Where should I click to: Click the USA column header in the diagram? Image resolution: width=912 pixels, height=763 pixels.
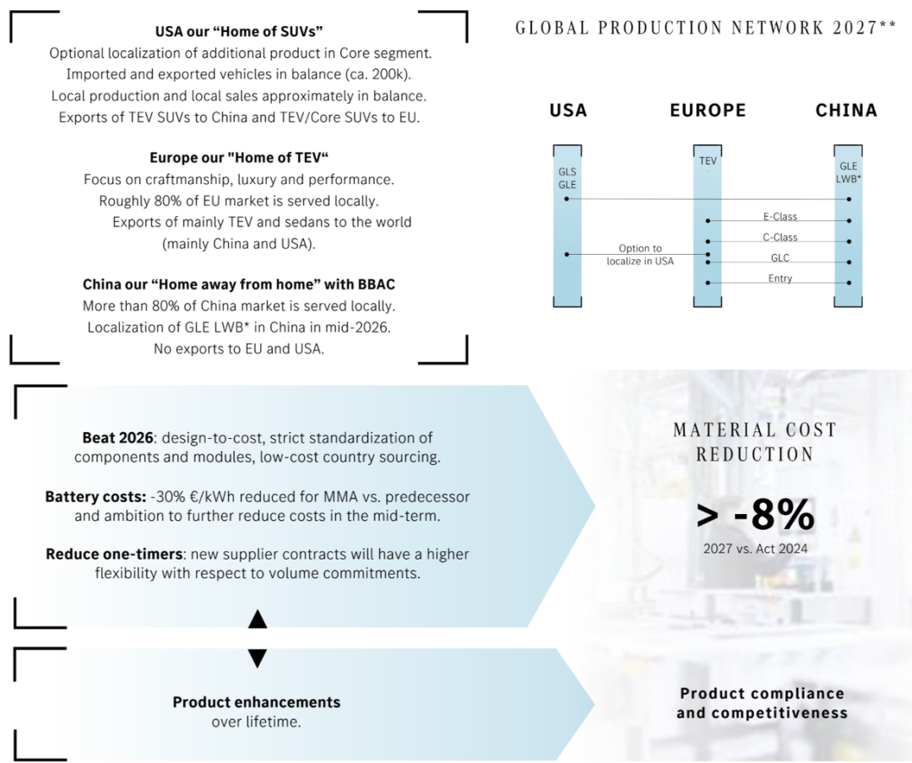[x=568, y=111]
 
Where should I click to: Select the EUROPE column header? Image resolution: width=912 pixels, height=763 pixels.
[x=708, y=111]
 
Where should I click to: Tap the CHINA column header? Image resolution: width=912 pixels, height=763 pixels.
[x=846, y=111]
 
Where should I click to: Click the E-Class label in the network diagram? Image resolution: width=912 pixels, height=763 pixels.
[x=780, y=216]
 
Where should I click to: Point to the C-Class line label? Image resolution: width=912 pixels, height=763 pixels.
[x=780, y=237]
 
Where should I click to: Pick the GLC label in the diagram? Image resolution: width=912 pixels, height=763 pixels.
[x=780, y=257]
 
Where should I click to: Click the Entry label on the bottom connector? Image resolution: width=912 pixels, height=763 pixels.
[x=780, y=278]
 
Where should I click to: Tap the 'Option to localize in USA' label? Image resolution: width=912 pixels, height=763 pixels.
[x=640, y=255]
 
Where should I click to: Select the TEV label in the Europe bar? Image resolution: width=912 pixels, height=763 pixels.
[x=708, y=160]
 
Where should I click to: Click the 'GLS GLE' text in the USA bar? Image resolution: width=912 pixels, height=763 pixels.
[x=567, y=178]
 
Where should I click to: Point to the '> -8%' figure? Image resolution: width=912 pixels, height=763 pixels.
[x=755, y=515]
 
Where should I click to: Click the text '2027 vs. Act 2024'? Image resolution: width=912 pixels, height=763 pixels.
[x=755, y=549]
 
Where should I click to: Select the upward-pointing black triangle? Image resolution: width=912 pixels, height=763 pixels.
[x=258, y=620]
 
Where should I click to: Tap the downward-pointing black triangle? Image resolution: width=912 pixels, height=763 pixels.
[x=258, y=657]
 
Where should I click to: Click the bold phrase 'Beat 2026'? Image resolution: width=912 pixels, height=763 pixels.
[x=117, y=437]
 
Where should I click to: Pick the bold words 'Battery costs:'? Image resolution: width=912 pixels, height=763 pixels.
[x=95, y=496]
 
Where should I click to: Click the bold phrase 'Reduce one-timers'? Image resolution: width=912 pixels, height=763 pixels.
[x=114, y=554]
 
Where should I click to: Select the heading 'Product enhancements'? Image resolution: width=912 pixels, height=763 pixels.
[x=257, y=702]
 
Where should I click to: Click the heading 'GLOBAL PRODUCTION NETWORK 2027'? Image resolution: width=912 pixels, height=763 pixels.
[x=697, y=28]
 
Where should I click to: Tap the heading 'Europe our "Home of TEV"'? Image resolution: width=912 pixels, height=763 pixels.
[x=239, y=158]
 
